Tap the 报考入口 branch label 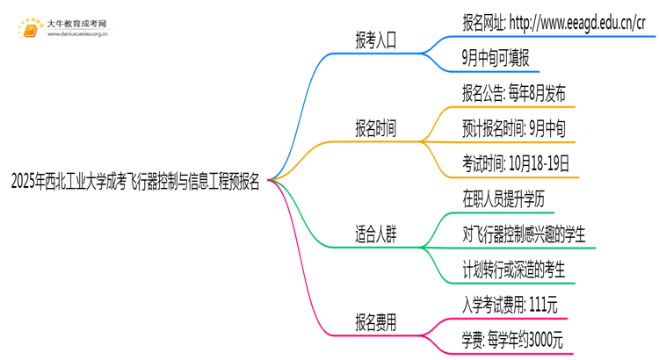(375, 40)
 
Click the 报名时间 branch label (375, 129)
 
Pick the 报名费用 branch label (375, 322)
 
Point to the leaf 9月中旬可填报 (495, 59)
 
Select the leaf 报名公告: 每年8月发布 (513, 94)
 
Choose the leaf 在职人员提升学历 (503, 199)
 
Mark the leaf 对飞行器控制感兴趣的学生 (524, 234)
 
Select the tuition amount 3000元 (545, 340)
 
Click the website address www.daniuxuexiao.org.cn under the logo (76, 35)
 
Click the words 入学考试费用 (493, 305)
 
